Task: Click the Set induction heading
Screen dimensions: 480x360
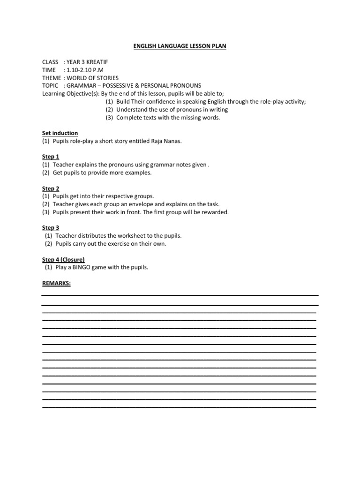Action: click(60, 133)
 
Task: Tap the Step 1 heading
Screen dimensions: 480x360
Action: click(51, 157)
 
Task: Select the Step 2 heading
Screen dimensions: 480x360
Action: click(51, 188)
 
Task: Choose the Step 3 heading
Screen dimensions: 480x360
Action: click(51, 228)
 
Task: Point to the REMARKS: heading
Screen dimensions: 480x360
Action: click(56, 283)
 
